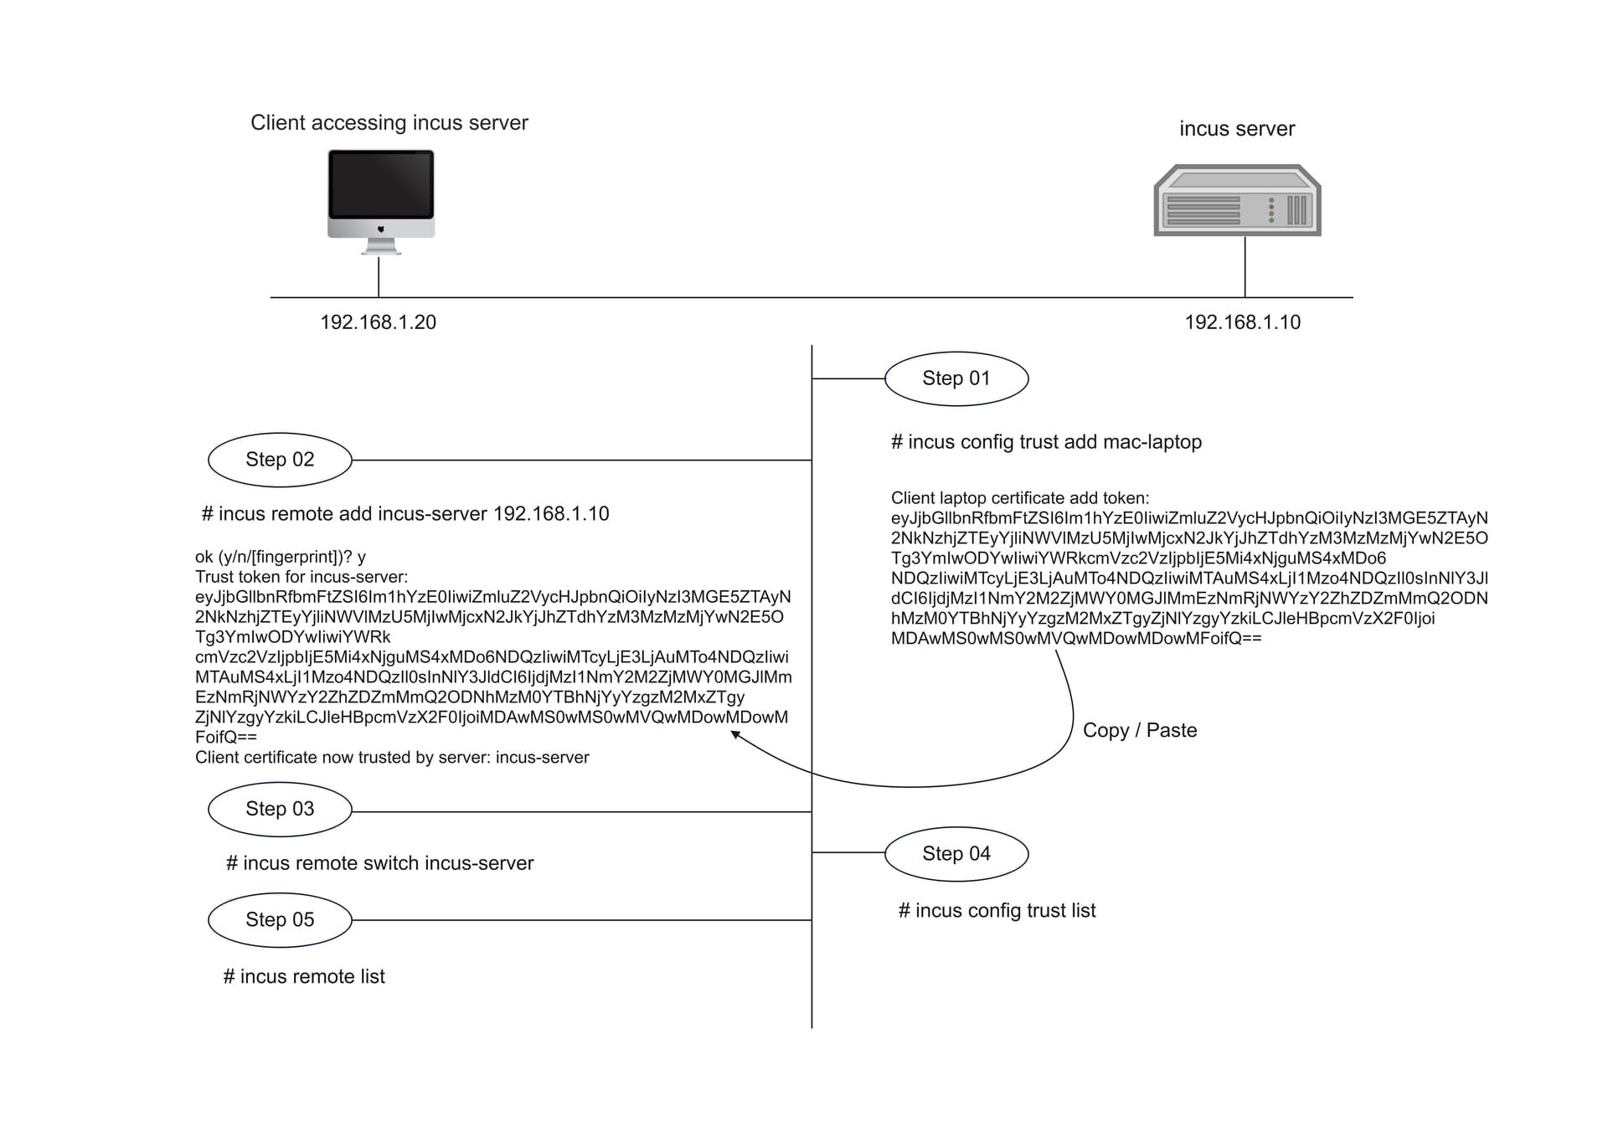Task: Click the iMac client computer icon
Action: [x=381, y=201]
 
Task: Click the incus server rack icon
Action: [x=1237, y=200]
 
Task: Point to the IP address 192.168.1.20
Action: [x=378, y=322]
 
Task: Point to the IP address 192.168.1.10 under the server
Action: [x=1243, y=322]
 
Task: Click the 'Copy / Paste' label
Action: [x=1140, y=730]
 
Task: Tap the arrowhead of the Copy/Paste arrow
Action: [x=734, y=734]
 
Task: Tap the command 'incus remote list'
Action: [x=304, y=976]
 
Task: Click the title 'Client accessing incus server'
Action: [x=389, y=123]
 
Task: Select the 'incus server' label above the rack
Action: [x=1237, y=129]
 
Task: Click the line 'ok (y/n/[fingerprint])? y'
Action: [x=281, y=558]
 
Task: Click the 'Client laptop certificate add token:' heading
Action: [x=1020, y=498]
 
